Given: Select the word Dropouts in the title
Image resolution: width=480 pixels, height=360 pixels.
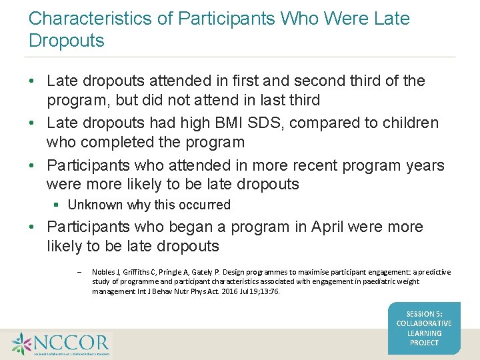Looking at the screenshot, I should click(67, 41).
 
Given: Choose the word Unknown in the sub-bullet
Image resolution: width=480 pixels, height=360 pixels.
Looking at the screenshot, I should click(93, 205).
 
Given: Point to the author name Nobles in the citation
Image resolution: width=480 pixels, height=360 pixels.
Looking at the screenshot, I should click(103, 272).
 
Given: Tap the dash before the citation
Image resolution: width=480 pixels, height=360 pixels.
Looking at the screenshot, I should click(79, 272).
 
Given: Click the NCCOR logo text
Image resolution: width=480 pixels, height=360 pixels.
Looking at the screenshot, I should click(72, 343).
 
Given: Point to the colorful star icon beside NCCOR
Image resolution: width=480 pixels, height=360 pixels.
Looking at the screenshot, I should click(21, 344).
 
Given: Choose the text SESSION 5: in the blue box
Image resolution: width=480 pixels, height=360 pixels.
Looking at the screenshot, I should click(424, 314).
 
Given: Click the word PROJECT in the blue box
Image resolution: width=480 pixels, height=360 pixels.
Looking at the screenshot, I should click(424, 343).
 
